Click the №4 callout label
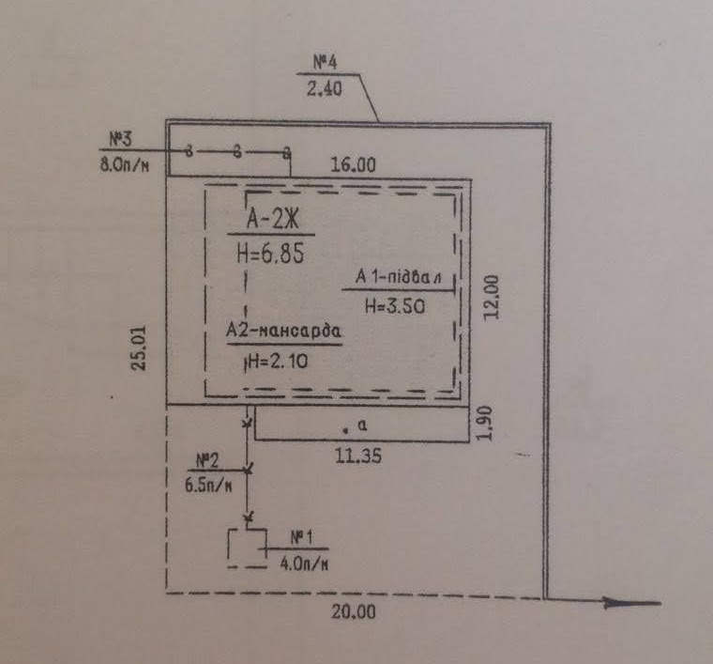326,62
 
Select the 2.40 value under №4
325,88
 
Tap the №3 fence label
120,139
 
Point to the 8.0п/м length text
125,163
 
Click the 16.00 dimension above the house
354,164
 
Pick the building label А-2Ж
273,219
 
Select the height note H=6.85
270,254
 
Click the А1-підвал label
399,277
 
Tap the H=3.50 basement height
395,306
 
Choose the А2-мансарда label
283,330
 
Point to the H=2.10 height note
278,362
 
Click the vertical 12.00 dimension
492,298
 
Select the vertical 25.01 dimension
139,348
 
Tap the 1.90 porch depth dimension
486,423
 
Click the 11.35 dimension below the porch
358,456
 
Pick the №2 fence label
207,461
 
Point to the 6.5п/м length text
208,486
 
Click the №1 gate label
302,538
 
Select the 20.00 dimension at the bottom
354,612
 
